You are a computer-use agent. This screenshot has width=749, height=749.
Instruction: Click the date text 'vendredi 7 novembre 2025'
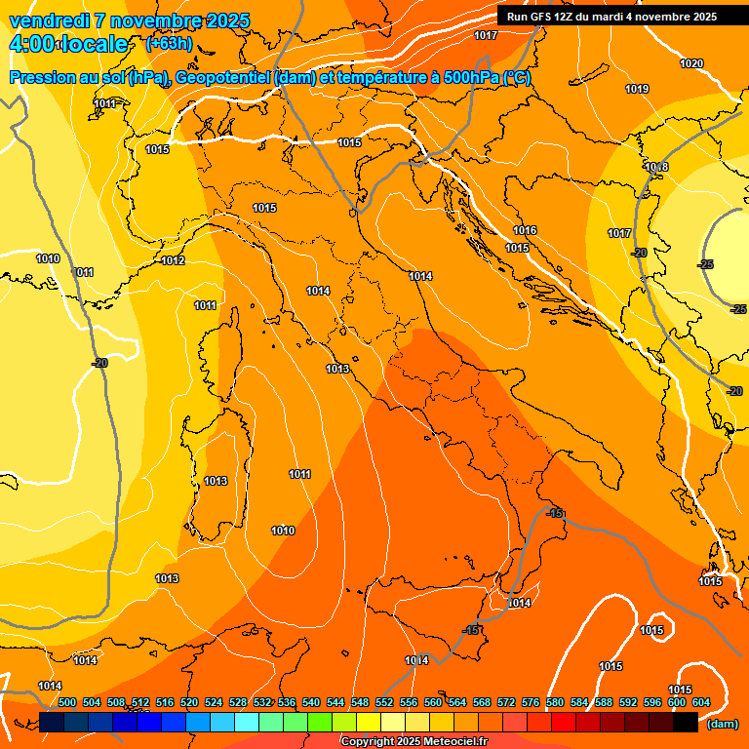129,20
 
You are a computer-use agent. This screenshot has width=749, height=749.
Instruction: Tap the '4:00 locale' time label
67,44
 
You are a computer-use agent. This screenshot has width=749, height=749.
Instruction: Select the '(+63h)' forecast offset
169,44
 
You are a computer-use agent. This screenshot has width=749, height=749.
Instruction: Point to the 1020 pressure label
691,63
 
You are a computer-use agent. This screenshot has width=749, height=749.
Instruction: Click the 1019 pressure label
637,89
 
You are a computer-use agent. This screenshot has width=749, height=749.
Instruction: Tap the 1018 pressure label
656,167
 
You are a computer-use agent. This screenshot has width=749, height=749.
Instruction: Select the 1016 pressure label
525,230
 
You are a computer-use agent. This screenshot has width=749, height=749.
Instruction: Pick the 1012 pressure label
174,260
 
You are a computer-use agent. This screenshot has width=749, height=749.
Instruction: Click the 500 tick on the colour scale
67,702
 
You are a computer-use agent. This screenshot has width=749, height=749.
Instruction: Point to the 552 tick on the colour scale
384,702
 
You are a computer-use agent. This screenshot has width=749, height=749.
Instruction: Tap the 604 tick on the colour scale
701,702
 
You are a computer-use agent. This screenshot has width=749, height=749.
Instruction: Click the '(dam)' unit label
722,724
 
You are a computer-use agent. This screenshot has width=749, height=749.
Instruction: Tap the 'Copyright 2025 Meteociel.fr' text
414,741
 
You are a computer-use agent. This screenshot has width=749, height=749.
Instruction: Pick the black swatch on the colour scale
686,722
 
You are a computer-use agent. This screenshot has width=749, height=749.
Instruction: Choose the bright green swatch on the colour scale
320,722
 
